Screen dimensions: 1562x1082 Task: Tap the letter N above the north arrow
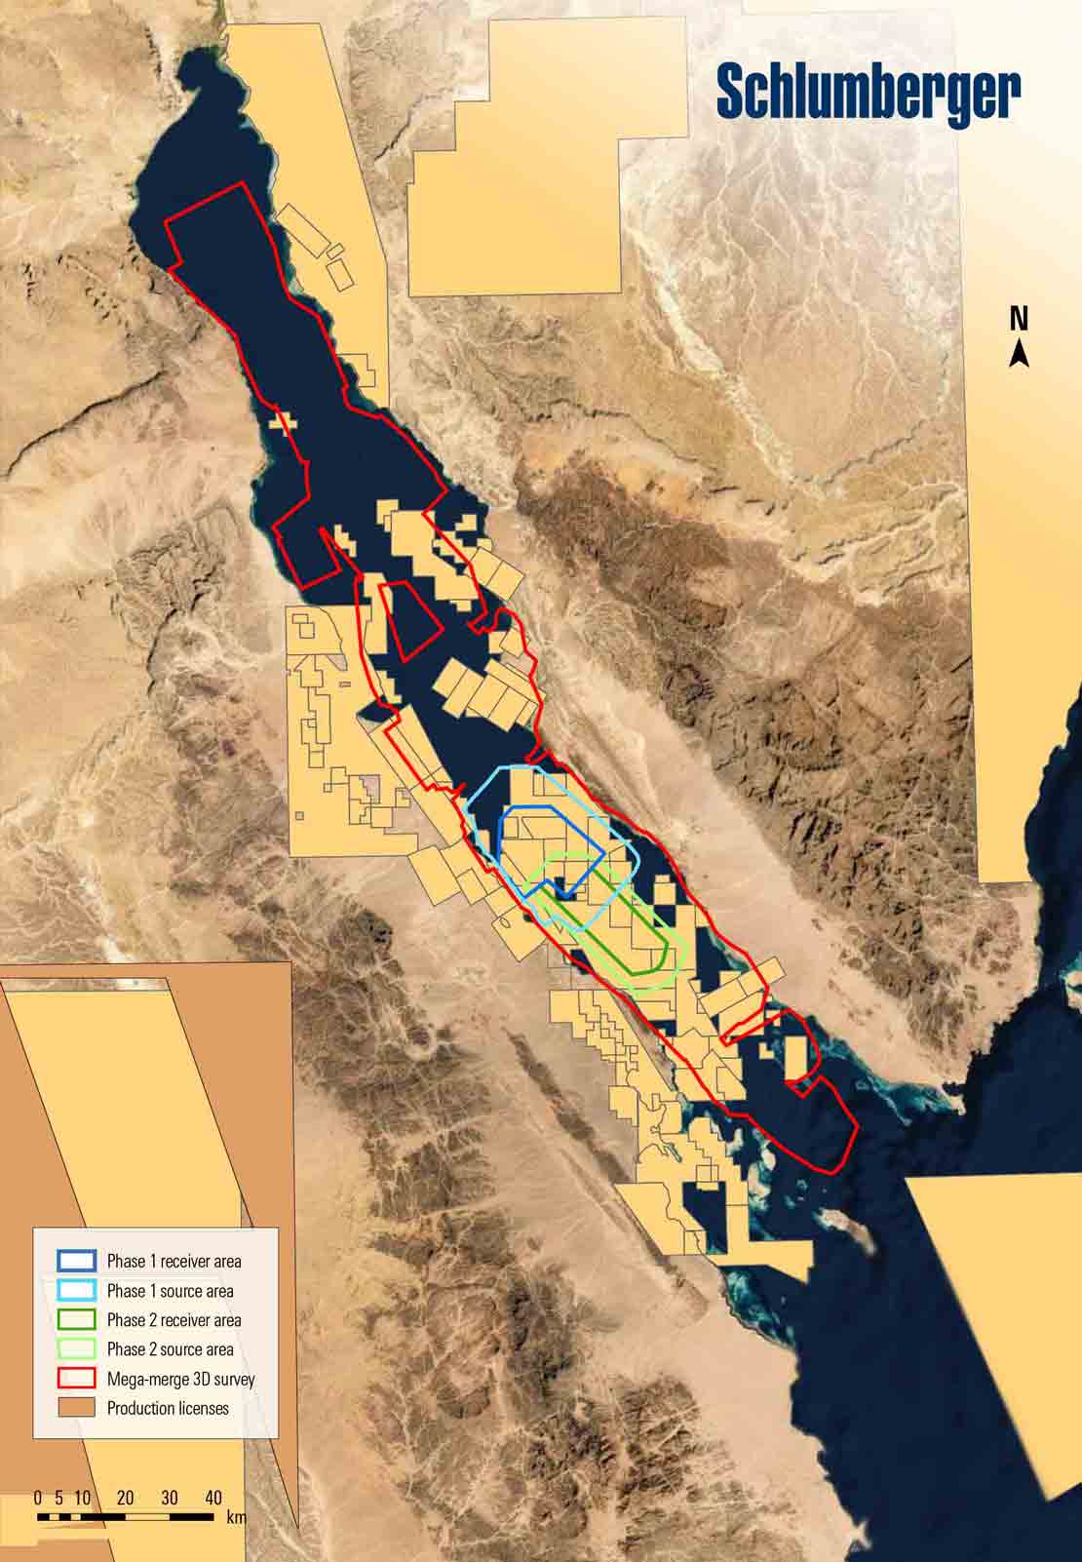click(x=1019, y=319)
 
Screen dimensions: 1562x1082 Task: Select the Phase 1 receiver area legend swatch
click(x=76, y=1261)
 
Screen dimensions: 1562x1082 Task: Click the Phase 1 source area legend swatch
click(x=76, y=1290)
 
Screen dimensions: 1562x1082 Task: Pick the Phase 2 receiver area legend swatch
click(x=76, y=1319)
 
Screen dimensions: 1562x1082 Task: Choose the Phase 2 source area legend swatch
click(x=76, y=1348)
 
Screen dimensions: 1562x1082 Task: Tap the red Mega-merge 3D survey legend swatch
click(x=76, y=1378)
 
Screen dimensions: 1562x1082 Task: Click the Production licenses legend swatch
click(x=76, y=1407)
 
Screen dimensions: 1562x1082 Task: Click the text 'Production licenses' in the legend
click(x=168, y=1408)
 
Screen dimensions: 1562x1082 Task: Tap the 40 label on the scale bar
click(x=213, y=1498)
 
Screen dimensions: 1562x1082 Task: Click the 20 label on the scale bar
click(x=125, y=1498)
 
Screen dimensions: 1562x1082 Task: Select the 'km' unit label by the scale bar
click(x=236, y=1517)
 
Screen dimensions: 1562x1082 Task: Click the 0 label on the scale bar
click(x=37, y=1498)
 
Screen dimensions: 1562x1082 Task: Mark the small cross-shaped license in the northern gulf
click(x=283, y=421)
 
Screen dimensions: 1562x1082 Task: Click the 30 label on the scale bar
click(x=170, y=1498)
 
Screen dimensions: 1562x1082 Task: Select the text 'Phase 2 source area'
click(x=170, y=1349)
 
